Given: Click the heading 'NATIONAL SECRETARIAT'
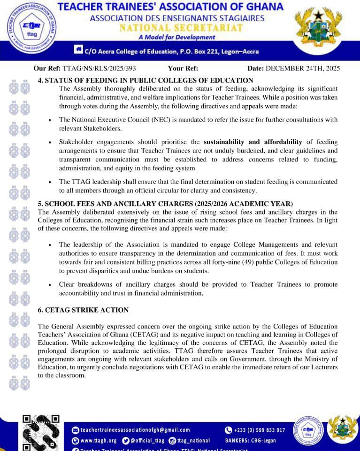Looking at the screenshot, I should coord(181,28).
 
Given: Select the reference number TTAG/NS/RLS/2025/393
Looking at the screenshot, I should coord(99,69).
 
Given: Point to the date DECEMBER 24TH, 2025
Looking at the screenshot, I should coord(303,69).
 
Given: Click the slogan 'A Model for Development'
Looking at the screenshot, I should coord(177,37).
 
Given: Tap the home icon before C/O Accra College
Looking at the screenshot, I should coord(78,50).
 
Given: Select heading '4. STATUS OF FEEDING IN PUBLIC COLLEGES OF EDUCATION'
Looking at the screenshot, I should coord(146,80).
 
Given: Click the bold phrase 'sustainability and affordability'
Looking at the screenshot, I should coord(253,142).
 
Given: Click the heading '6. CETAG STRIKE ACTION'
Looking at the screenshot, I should coord(83,310).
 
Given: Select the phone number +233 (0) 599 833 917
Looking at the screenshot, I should coord(259,430).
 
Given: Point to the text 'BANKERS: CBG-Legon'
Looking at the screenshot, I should coord(250,441).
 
